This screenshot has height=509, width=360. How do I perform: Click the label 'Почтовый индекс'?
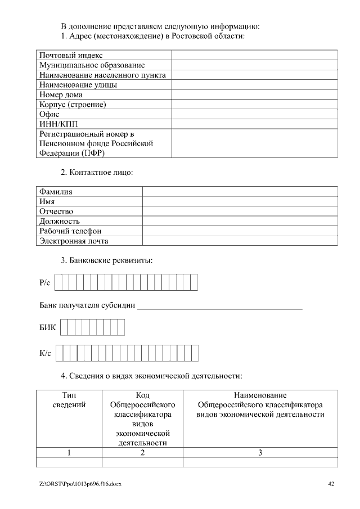click(x=71, y=55)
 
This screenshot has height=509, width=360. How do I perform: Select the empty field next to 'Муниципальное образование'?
click(x=254, y=65)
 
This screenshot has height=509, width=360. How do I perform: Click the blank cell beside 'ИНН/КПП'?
click(x=254, y=124)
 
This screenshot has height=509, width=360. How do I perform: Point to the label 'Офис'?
click(x=49, y=114)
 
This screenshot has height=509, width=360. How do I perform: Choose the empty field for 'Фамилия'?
click(x=240, y=192)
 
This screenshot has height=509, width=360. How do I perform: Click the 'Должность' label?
click(x=60, y=221)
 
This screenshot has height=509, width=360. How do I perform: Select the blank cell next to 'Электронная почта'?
click(x=240, y=241)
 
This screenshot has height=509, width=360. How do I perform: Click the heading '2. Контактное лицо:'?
click(x=97, y=172)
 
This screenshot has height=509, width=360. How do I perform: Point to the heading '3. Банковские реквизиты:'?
click(x=107, y=260)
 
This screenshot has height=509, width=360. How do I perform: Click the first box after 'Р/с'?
click(x=58, y=282)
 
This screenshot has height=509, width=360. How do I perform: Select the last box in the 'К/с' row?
click(x=195, y=353)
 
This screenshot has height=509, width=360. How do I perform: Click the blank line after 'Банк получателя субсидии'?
click(x=219, y=307)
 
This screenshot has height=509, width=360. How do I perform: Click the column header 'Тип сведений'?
click(x=69, y=400)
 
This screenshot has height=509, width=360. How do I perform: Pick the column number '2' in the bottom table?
click(x=142, y=453)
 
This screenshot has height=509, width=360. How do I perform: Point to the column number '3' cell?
click(x=260, y=453)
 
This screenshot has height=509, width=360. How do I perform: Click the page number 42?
click(x=331, y=484)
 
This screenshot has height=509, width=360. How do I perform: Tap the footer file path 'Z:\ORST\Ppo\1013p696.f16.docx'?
click(x=80, y=484)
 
